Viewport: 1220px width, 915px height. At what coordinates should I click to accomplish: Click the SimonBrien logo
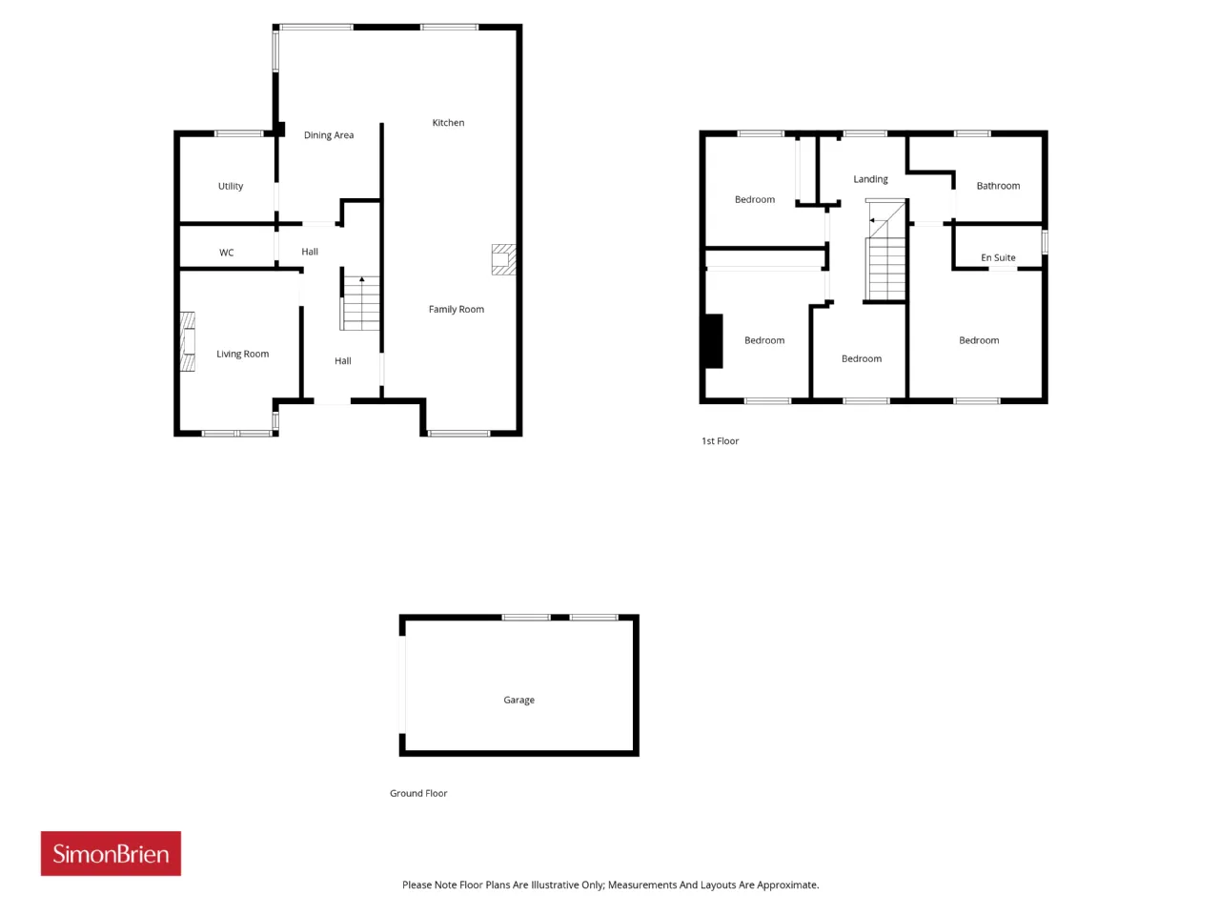(111, 853)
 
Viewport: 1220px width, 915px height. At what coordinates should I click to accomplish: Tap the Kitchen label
(448, 122)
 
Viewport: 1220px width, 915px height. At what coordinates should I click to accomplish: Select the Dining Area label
(329, 135)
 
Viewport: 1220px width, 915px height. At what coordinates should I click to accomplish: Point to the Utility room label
(230, 186)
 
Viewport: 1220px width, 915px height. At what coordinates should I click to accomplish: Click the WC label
(226, 253)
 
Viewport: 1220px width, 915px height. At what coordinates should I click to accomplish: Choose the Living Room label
(242, 354)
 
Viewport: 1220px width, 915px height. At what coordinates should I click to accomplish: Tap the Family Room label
(456, 309)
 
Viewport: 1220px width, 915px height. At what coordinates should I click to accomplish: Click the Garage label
(518, 700)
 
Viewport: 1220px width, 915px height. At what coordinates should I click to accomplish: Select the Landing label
(870, 179)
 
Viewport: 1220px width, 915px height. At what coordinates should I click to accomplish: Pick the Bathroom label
(998, 186)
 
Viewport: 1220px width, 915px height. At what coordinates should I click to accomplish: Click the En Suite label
(998, 257)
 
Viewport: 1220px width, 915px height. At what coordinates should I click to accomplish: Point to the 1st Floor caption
(720, 440)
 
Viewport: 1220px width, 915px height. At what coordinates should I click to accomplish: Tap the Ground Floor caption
(418, 793)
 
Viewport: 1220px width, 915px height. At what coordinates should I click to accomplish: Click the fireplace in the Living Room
(188, 341)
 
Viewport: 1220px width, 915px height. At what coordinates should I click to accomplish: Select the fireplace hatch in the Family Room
(503, 259)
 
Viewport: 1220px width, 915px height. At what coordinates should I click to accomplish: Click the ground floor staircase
(360, 303)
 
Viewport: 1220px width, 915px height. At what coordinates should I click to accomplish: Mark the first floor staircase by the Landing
(884, 251)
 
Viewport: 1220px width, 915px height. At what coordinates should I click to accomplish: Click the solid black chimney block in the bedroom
(714, 341)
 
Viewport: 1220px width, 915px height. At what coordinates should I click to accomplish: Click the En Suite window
(1045, 242)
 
